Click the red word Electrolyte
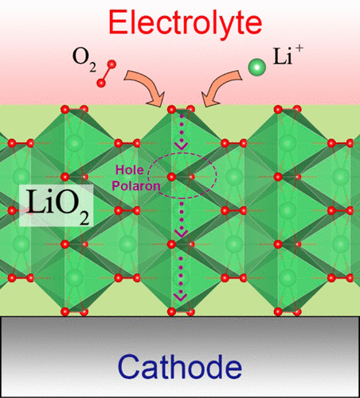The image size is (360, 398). (186, 23)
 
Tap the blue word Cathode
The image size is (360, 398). (180, 367)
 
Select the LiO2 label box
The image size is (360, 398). (56, 205)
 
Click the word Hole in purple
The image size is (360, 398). (130, 170)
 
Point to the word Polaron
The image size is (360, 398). (136, 186)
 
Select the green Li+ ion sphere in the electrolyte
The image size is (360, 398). (256, 68)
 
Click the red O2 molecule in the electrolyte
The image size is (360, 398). (106, 73)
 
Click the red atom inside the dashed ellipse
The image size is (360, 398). (172, 177)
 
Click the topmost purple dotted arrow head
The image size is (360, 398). (182, 146)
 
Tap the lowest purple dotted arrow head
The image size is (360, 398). (181, 297)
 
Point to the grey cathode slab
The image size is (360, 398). (180, 357)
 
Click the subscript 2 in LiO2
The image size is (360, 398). (84, 218)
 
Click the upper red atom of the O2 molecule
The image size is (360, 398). (112, 64)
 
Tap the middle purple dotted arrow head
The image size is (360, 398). (182, 233)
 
